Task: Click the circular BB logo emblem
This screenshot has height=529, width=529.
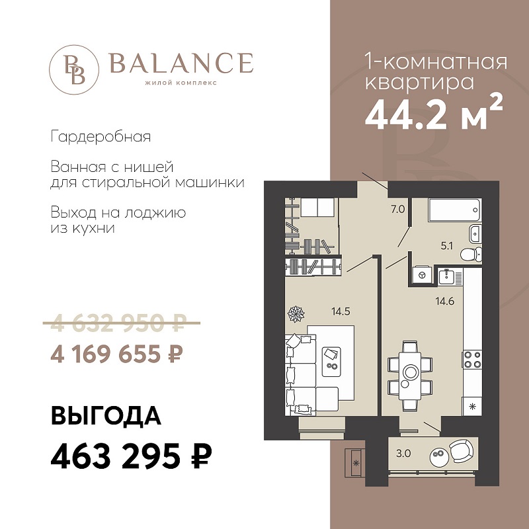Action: (74, 69)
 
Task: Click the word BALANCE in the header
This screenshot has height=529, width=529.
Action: (181, 63)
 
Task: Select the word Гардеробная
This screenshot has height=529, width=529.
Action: (101, 137)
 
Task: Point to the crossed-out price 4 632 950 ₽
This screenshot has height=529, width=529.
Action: (122, 323)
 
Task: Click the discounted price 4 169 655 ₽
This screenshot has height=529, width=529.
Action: (117, 354)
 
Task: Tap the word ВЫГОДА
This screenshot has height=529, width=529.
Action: (106, 416)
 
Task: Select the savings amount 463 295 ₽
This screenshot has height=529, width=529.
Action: (131, 456)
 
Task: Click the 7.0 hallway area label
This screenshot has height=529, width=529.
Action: (398, 210)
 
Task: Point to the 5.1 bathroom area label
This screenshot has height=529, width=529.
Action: (446, 246)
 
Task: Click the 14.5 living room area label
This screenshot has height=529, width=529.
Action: (341, 311)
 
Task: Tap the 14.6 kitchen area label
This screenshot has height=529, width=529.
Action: (445, 302)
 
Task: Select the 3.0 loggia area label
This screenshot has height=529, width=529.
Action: (403, 454)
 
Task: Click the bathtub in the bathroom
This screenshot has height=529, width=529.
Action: (454, 210)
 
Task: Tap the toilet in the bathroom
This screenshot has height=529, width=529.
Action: (471, 254)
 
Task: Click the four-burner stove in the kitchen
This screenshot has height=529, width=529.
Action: (472, 360)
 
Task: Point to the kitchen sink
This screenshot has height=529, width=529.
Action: (448, 276)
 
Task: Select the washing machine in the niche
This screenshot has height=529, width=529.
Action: (421, 275)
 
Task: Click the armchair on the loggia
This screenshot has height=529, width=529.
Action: (461, 451)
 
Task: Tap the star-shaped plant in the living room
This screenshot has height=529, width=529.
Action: (296, 313)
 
